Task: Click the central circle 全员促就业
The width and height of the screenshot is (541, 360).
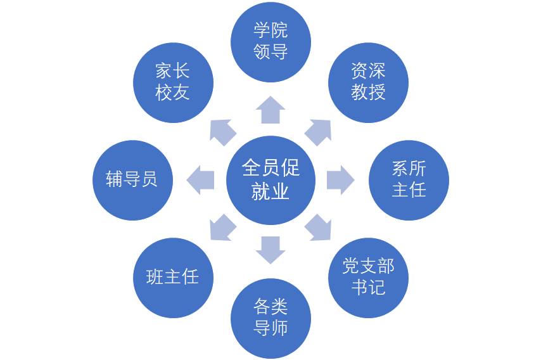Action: point(270,180)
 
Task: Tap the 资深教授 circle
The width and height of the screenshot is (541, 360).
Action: point(368,82)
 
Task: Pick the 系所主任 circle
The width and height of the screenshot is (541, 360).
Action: point(409,180)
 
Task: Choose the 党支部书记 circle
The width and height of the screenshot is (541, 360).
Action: point(368,278)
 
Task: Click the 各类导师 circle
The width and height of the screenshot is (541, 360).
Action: point(270,318)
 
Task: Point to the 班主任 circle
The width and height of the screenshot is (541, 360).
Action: point(173,278)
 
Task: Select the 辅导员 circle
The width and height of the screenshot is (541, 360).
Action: point(132,180)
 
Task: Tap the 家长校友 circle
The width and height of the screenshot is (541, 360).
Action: point(173,82)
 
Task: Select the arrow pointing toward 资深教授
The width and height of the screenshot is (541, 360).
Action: point(319,132)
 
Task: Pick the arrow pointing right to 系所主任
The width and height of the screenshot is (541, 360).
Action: point(340,180)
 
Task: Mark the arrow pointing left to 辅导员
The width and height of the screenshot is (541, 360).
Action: point(201,180)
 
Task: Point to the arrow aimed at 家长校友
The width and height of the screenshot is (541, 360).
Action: point(222,132)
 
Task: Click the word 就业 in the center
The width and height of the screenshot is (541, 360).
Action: point(270,191)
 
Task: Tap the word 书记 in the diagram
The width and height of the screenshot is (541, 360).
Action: point(368,288)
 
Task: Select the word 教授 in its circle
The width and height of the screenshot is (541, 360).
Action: point(368,93)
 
